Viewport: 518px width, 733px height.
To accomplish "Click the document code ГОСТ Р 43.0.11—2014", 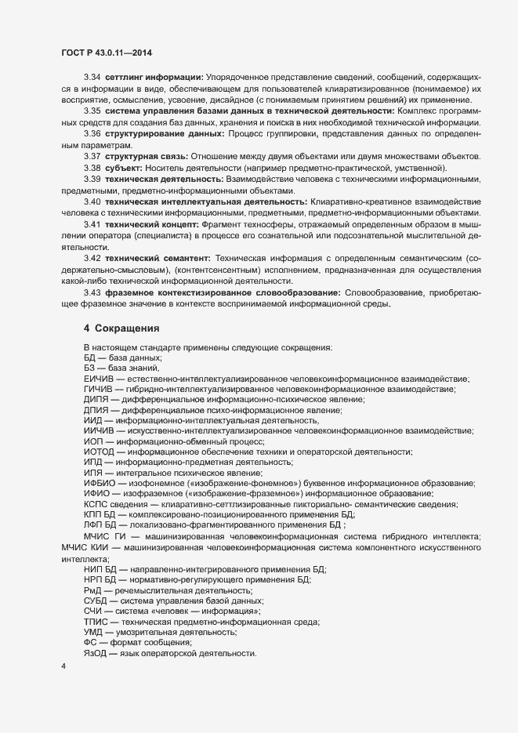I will pyautogui.click(x=106, y=53).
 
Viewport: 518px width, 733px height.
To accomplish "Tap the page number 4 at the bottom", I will pyautogui.click(x=63, y=667).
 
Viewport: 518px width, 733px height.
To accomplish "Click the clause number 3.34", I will pyautogui.click(x=92, y=78).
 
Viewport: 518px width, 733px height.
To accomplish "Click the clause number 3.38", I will pyautogui.click(x=92, y=169).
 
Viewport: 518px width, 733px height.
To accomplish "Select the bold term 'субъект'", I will pyautogui.click(x=124, y=169).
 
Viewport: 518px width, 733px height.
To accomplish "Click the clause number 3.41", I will pyautogui.click(x=92, y=224).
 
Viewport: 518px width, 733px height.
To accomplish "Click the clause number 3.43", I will pyautogui.click(x=92, y=292).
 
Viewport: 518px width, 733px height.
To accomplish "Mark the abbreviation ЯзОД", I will pyautogui.click(x=96, y=654).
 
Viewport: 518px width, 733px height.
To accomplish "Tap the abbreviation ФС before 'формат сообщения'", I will pyautogui.click(x=90, y=642).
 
